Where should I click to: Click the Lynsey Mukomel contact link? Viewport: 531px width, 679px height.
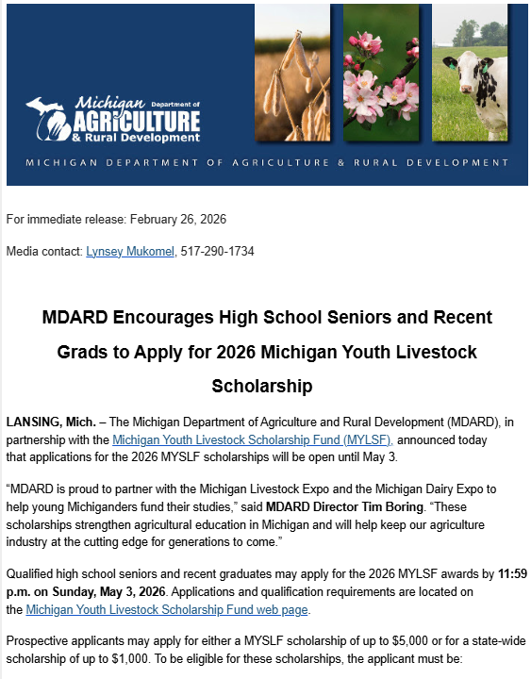131,252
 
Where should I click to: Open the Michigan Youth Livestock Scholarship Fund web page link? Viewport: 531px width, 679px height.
168,610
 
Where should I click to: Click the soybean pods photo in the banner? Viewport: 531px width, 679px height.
292,73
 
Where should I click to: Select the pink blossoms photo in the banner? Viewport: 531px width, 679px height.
380,73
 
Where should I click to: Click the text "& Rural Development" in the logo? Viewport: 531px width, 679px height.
141,138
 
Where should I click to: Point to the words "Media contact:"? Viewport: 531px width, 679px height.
43,252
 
